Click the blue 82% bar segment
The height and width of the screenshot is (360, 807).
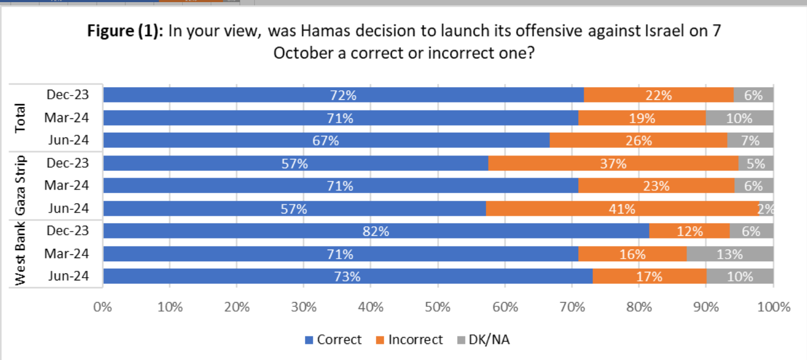point(376,231)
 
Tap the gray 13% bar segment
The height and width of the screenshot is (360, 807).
point(729,254)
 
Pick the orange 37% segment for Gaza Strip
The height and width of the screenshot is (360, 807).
point(613,164)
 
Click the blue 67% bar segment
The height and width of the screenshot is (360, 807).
point(326,141)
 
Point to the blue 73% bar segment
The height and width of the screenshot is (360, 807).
point(347,277)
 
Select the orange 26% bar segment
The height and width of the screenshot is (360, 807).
point(638,141)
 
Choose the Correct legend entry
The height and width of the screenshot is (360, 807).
point(333,340)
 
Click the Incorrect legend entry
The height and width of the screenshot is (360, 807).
point(409,340)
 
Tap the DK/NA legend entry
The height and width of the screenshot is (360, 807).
point(483,340)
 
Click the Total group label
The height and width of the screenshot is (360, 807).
point(20,118)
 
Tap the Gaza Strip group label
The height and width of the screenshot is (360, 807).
point(20,186)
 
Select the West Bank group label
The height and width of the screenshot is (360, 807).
point(20,254)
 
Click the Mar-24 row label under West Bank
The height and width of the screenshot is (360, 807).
point(67,254)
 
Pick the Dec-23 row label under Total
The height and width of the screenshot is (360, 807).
point(67,95)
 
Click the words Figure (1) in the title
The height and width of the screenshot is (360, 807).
point(126,31)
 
